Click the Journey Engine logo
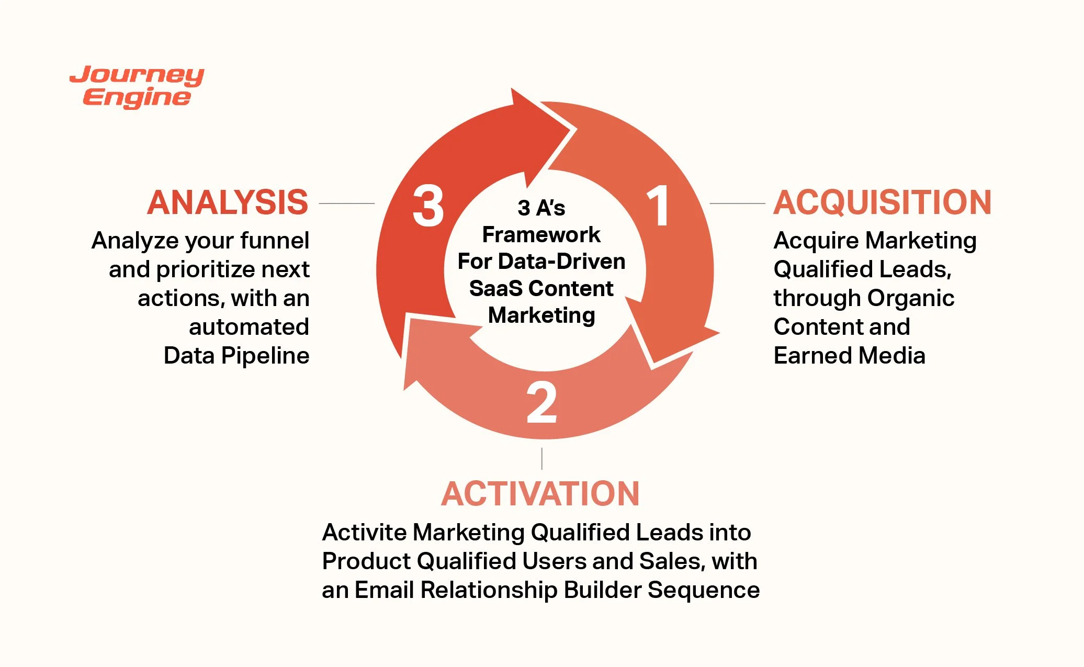pyautogui.click(x=137, y=87)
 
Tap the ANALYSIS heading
pyautogui.click(x=228, y=203)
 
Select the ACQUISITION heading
pyautogui.click(x=882, y=203)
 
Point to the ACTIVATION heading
pyautogui.click(x=540, y=494)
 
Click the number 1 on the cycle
pyautogui.click(x=658, y=207)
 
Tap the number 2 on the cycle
pyautogui.click(x=541, y=403)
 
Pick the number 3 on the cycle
pyautogui.click(x=428, y=207)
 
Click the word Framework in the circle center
pyautogui.click(x=541, y=235)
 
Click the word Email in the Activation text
pyautogui.click(x=384, y=590)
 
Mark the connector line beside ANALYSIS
pyautogui.click(x=346, y=203)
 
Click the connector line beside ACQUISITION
pyautogui.click(x=737, y=203)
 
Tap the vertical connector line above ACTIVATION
pyautogui.click(x=541, y=458)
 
